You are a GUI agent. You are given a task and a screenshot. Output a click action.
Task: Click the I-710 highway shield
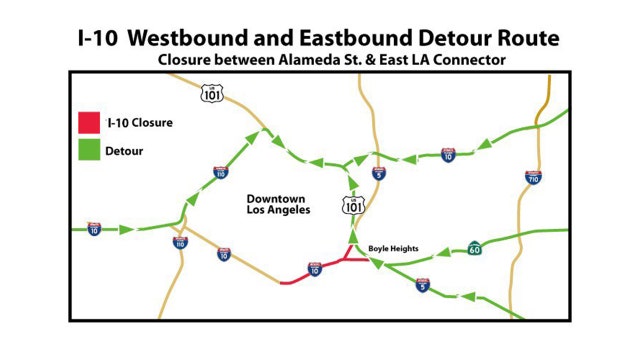(534, 177)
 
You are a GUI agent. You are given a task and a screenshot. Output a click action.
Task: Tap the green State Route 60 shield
(473, 248)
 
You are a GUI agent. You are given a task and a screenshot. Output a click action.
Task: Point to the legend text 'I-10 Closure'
(139, 124)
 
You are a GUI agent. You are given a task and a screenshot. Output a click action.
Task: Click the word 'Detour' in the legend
(125, 150)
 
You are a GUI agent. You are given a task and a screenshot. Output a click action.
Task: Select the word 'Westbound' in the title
(188, 39)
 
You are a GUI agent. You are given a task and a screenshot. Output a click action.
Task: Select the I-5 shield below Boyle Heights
(423, 286)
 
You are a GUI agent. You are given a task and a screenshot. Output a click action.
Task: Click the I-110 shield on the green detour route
(220, 172)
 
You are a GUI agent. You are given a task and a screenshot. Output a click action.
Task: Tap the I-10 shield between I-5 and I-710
(447, 154)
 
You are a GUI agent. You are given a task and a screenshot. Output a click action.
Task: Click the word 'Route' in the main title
(526, 39)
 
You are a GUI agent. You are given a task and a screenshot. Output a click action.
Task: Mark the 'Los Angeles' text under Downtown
(279, 211)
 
